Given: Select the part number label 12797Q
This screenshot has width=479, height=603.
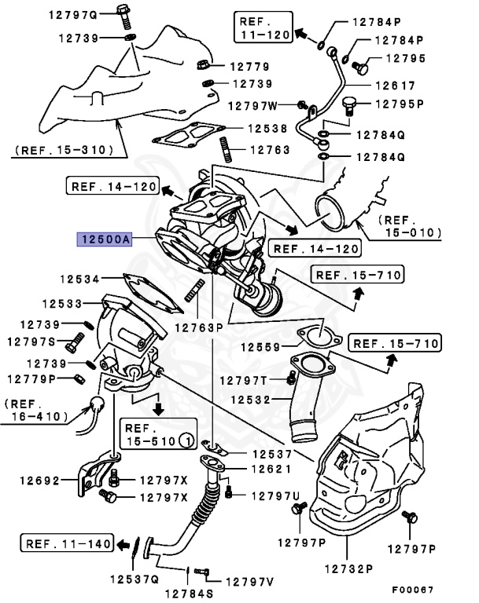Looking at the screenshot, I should click(76, 14).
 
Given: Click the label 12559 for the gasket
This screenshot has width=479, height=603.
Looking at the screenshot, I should click(260, 346).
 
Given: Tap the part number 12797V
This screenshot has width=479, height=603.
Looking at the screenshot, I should click(249, 582).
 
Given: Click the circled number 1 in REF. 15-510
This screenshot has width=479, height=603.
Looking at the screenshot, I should click(186, 440).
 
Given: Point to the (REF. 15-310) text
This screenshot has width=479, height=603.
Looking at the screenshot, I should click(63, 149).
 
